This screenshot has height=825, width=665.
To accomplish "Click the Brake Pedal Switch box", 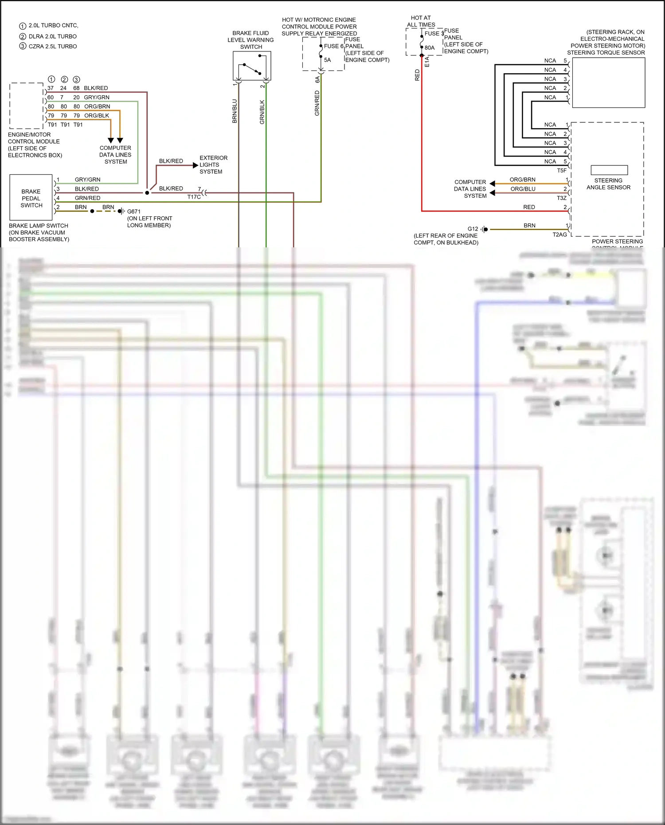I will [x=31, y=198].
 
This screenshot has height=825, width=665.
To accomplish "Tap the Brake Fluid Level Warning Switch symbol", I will [x=252, y=66].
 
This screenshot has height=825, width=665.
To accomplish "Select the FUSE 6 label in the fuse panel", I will [x=333, y=46].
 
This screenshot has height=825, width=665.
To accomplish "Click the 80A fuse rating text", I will [x=429, y=48].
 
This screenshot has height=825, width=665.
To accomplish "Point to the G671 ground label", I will [x=133, y=211].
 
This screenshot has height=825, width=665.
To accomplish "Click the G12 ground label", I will [x=473, y=229].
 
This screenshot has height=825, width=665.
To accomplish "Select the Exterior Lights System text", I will [x=213, y=165].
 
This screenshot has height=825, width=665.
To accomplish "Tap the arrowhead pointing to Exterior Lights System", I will [x=196, y=165].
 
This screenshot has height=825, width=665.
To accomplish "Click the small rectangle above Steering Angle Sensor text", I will [x=609, y=170].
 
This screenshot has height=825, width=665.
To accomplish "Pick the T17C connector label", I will [x=194, y=197].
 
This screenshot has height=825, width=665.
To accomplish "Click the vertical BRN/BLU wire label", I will [x=235, y=111].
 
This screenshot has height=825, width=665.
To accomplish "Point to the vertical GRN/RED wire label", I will [x=317, y=103].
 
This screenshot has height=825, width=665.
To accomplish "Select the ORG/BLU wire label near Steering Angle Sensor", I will [x=523, y=189].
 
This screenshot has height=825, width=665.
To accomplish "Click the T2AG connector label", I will [x=559, y=235].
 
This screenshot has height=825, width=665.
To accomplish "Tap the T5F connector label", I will [x=562, y=170].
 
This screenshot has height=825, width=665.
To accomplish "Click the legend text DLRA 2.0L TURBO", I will [x=52, y=36].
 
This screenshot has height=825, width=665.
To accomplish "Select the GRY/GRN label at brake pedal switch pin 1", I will [x=87, y=180].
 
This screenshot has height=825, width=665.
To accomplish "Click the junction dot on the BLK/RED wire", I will [x=147, y=193].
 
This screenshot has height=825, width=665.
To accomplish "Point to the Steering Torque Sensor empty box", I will [x=608, y=82].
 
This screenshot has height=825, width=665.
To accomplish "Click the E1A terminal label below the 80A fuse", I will [x=427, y=62].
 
